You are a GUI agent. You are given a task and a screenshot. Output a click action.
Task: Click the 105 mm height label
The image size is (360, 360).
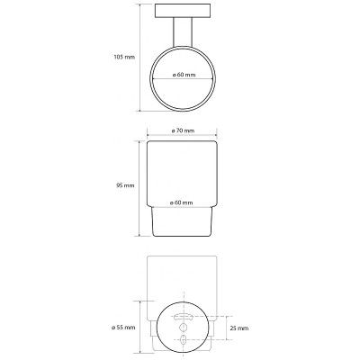(124, 57)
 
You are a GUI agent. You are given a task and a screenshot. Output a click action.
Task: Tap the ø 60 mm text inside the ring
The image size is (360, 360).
(184, 75)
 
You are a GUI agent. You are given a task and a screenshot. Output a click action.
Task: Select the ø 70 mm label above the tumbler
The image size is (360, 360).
(183, 130)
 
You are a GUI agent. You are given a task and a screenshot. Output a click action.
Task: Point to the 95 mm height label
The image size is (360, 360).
(125, 185)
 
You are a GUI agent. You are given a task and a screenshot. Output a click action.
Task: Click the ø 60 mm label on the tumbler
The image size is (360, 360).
(181, 202)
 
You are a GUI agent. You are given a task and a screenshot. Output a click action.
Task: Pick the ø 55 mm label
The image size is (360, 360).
(123, 327)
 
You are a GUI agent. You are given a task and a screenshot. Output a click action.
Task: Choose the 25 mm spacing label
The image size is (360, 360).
(239, 328)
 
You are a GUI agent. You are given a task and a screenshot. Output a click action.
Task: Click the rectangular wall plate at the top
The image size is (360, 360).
(183, 11)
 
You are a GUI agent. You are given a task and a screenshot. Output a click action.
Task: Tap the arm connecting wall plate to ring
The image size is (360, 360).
(183, 32)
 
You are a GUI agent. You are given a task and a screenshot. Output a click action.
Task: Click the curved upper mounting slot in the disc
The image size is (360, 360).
(182, 317)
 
